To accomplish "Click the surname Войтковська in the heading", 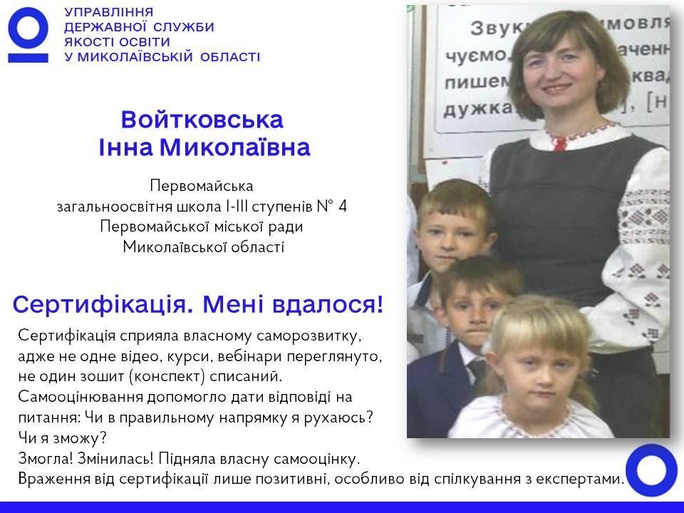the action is pyautogui.click(x=202, y=120).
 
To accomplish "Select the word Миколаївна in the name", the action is pyautogui.click(x=234, y=147).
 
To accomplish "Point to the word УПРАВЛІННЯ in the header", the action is pyautogui.click(x=108, y=12).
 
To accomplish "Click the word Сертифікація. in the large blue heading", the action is pyautogui.click(x=103, y=305).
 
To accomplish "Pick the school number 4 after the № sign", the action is pyautogui.click(x=343, y=206).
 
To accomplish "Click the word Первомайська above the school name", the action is pyautogui.click(x=202, y=186).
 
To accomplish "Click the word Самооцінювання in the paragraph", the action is pyautogui.click(x=81, y=397).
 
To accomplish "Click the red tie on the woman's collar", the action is pyautogui.click(x=559, y=142).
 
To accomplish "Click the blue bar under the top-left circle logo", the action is pyautogui.click(x=28, y=58).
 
